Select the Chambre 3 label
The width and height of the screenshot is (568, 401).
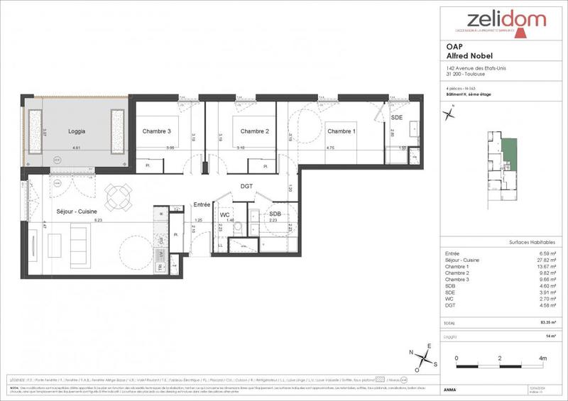click(x=156, y=131)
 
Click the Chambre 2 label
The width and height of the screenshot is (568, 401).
click(x=254, y=131)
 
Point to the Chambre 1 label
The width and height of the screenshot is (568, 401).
click(x=341, y=131)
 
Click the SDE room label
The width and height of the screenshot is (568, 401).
click(x=398, y=117)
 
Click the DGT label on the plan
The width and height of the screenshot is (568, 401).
click(x=246, y=187)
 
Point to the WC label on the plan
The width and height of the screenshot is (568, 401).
click(x=224, y=214)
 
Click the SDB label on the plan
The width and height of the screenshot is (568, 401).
click(x=274, y=214)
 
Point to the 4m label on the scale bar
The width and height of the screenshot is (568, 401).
click(x=543, y=359)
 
